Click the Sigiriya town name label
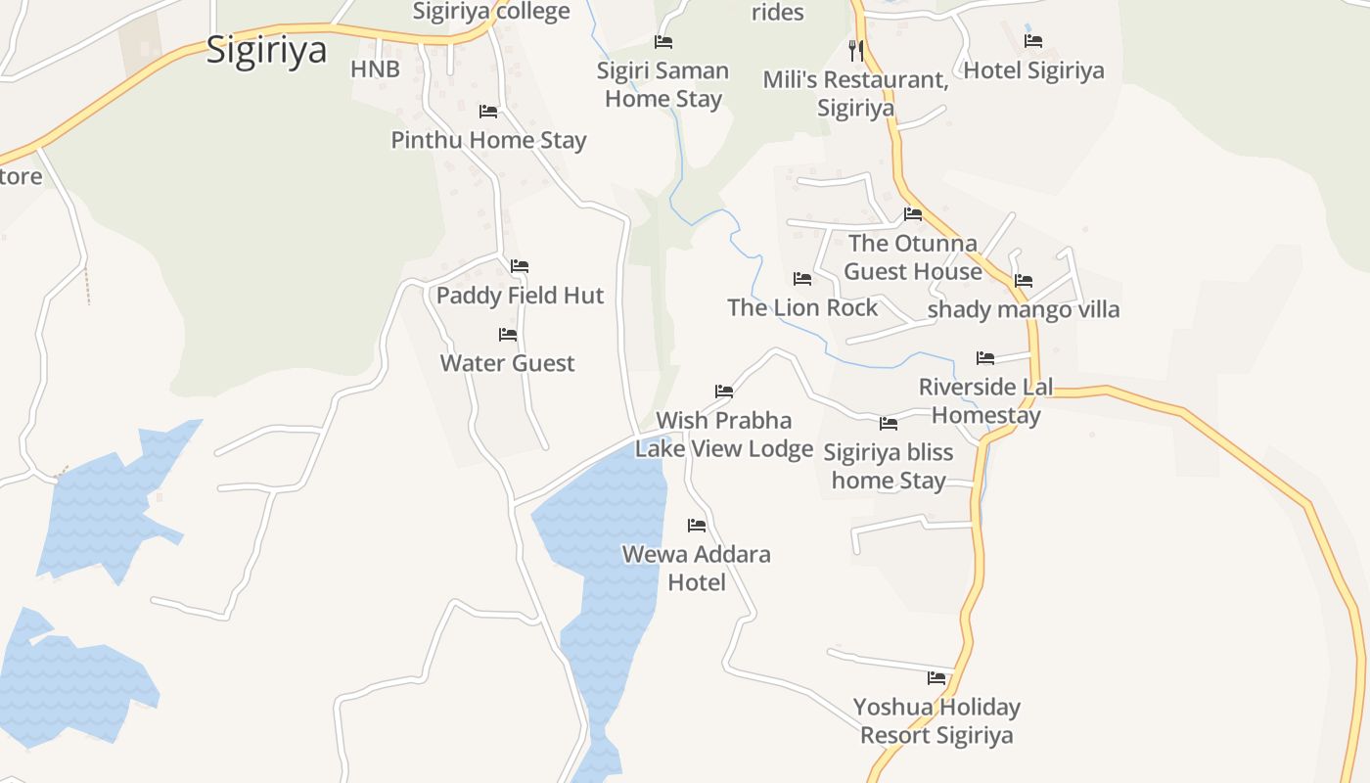(x=266, y=50)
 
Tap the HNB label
(x=375, y=69)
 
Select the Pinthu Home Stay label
(x=488, y=140)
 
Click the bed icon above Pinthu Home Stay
(x=488, y=112)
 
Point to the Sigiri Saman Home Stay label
(x=663, y=84)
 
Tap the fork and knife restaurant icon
(x=856, y=50)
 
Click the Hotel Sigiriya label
(x=1033, y=70)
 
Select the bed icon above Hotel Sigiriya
(x=1033, y=41)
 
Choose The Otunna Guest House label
(x=912, y=256)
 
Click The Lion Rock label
(x=802, y=307)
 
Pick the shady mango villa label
(x=1024, y=310)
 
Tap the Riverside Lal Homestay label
(x=985, y=400)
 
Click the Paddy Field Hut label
(x=520, y=296)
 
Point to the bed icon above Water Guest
(x=508, y=335)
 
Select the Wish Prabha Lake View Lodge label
(x=724, y=435)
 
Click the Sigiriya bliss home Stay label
(x=889, y=466)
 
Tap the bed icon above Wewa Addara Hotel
(x=697, y=526)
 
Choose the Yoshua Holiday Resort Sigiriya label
(x=936, y=720)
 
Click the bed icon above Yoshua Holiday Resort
(x=936, y=677)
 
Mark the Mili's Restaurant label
(x=856, y=93)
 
